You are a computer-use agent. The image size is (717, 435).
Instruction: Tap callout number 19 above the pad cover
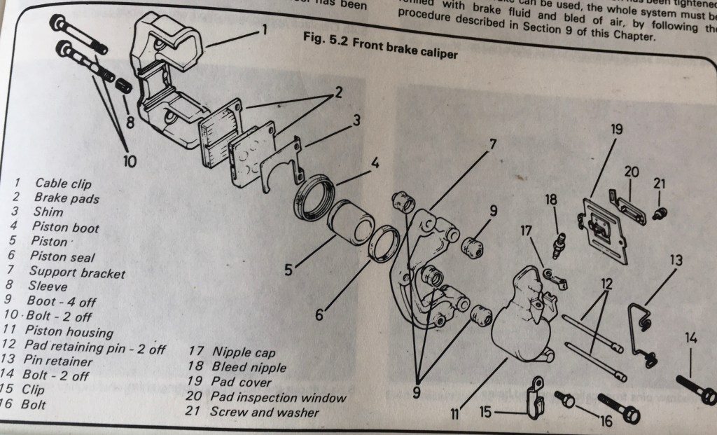tap(617, 130)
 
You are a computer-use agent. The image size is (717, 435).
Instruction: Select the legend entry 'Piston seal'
tap(62, 256)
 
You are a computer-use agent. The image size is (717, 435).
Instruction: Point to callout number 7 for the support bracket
tap(492, 144)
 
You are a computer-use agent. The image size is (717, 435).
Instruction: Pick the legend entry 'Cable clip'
tap(64, 183)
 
